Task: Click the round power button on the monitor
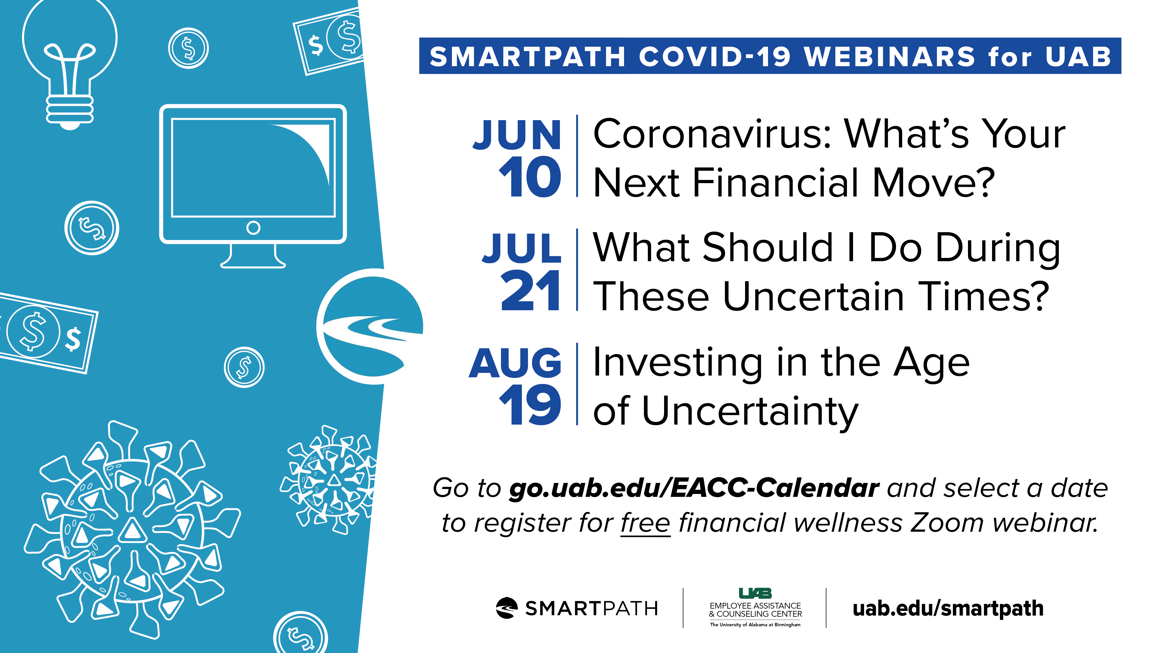tap(253, 228)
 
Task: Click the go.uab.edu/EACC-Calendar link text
tap(694, 488)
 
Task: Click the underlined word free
tap(646, 523)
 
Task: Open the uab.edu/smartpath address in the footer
tap(948, 609)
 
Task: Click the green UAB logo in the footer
tap(755, 593)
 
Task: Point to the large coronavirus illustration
tap(132, 530)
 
